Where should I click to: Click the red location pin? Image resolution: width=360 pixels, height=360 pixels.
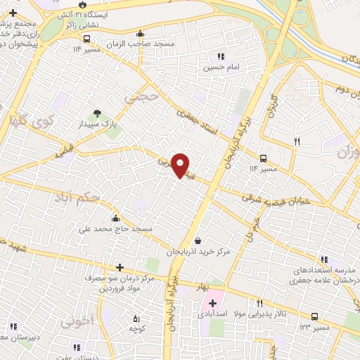coord(181,165)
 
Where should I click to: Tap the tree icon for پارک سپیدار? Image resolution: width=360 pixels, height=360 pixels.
coord(96,112)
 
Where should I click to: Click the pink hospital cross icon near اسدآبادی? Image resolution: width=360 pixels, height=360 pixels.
coord(212,303)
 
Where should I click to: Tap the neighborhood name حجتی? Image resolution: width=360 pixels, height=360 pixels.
coord(138,98)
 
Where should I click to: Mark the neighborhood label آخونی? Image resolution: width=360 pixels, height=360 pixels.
coord(77,323)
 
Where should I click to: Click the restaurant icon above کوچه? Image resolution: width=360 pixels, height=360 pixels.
coord(136,318)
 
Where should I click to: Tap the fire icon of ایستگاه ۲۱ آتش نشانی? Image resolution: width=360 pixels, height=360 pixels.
coord(83,4)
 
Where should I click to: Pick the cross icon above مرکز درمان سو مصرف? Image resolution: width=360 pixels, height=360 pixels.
coord(120,267)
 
